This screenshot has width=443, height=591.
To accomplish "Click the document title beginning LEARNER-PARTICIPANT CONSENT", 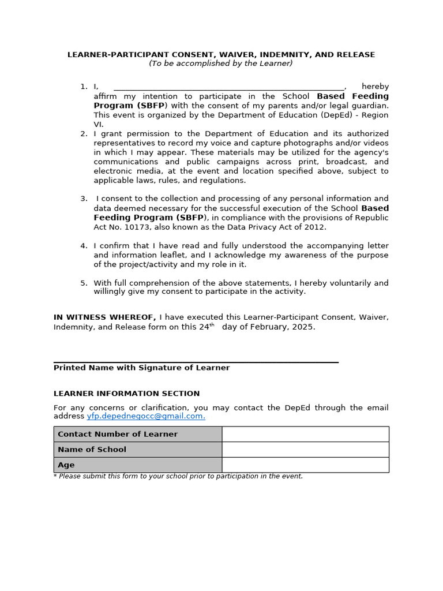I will click(x=221, y=55).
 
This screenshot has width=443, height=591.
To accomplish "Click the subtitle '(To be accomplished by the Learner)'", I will click(x=221, y=63).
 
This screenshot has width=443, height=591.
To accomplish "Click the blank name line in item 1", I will click(x=229, y=87).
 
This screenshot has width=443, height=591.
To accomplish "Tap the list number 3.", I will click(x=84, y=199).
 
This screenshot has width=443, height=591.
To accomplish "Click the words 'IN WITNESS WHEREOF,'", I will click(x=104, y=317).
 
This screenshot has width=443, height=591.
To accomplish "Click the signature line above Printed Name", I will click(x=196, y=362).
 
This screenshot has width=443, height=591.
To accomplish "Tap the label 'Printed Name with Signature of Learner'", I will click(x=141, y=368).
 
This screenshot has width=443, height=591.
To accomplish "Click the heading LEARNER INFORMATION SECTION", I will click(x=126, y=394).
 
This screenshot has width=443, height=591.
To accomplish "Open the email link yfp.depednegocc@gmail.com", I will click(x=145, y=416).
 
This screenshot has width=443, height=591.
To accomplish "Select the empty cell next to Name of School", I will click(x=305, y=450).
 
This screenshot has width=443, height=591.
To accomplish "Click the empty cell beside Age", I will click(x=305, y=465).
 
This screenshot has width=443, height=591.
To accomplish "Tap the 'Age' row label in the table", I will click(x=66, y=465).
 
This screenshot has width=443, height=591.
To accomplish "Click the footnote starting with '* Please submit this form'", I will click(x=178, y=477).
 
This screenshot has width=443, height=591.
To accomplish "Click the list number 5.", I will click(x=84, y=283).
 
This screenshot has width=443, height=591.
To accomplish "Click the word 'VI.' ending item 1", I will click(x=98, y=124).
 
